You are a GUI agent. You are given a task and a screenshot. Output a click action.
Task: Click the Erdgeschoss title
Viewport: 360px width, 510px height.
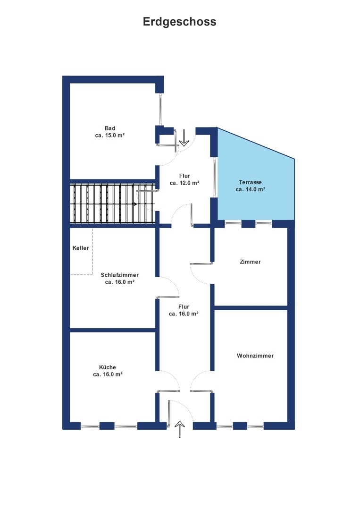180,22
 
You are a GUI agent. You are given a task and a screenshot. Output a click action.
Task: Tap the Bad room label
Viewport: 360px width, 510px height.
110,128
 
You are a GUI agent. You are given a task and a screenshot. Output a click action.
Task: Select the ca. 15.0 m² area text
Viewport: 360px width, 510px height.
110,136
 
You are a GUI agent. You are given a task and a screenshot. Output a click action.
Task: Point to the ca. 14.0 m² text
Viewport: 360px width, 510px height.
250,189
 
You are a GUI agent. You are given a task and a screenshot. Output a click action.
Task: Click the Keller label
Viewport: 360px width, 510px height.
81,248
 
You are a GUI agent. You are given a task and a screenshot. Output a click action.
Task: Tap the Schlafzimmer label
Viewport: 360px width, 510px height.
119,275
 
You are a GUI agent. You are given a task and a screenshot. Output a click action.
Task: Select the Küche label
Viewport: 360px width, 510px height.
108,367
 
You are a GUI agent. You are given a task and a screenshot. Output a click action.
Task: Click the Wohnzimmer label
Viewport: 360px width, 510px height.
255,356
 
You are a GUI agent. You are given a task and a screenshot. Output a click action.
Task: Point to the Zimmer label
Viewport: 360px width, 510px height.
250,262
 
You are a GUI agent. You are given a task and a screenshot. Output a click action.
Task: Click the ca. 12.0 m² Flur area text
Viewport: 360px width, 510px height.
184,183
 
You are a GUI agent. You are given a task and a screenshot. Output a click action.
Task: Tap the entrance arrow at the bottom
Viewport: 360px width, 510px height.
180,429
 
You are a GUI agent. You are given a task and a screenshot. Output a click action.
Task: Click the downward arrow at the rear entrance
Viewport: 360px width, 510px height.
184,138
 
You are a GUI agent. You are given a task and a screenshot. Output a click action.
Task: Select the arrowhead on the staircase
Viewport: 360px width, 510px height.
135,204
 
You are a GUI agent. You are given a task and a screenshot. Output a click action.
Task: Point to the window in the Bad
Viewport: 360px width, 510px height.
160,110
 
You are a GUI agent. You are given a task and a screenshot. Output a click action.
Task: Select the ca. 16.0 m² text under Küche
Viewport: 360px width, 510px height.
108,374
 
